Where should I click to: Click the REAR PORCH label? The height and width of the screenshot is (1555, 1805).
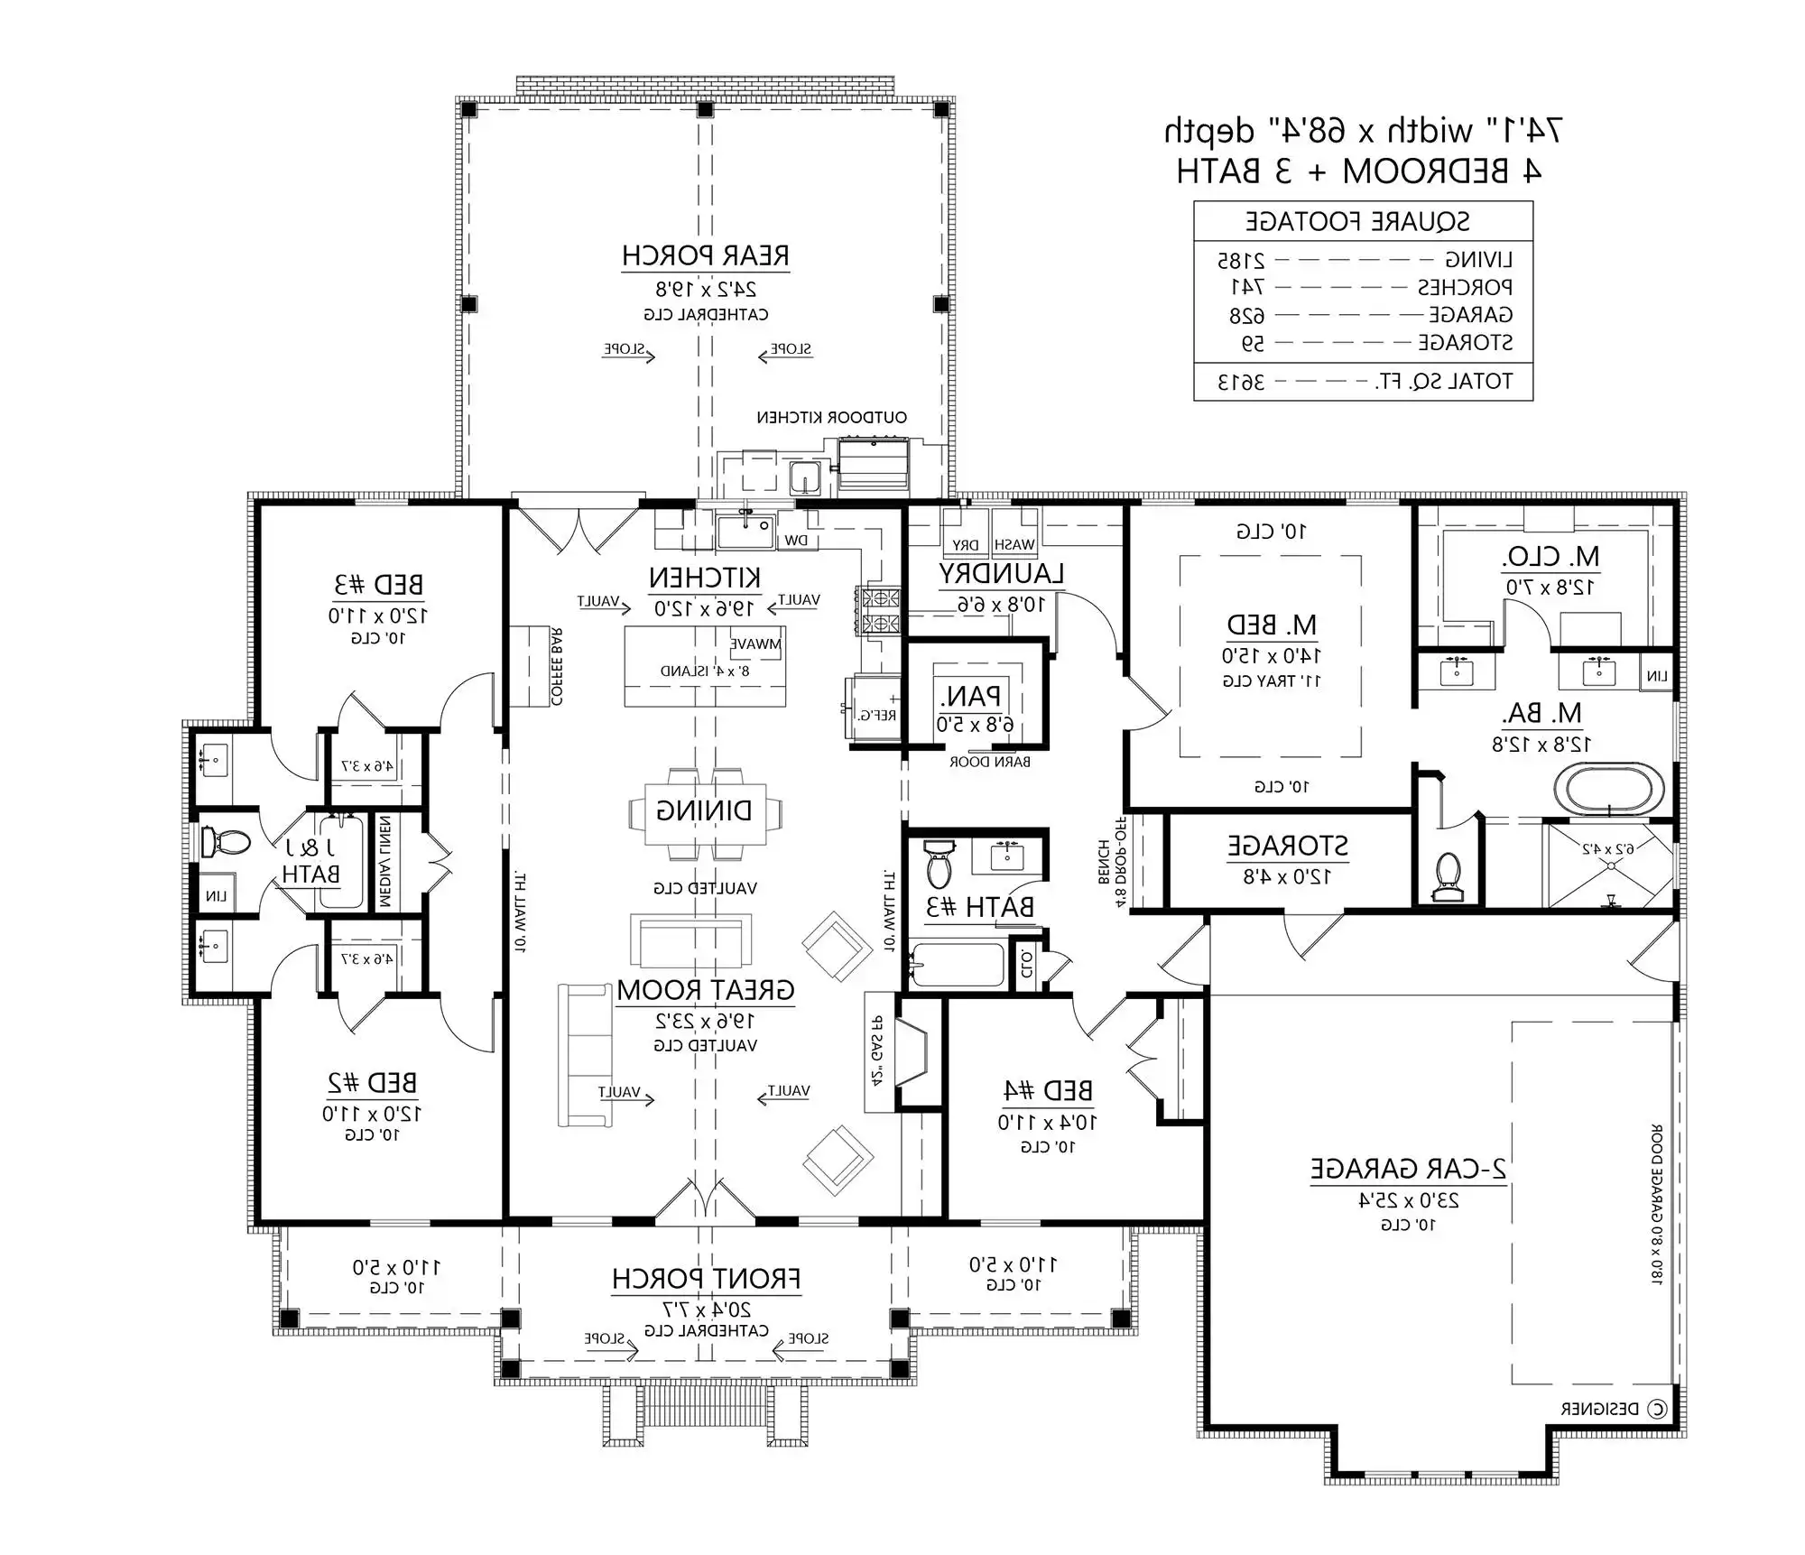(705, 256)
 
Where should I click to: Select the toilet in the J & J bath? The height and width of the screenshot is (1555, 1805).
(224, 842)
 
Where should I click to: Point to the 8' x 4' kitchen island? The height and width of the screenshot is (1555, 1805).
(705, 668)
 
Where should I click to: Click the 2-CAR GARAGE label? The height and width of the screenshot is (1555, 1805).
(1408, 1169)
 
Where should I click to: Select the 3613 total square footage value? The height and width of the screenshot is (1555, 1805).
(1241, 382)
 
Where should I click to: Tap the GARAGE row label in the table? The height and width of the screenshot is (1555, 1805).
(1470, 315)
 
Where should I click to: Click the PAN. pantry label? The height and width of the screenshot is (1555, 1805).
(969, 697)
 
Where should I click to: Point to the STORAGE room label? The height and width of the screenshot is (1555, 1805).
(1287, 847)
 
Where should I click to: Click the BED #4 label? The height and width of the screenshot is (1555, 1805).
(1048, 1091)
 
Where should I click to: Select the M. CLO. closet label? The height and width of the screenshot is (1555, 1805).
(1550, 557)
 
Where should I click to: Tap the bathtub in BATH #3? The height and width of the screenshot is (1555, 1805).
(957, 966)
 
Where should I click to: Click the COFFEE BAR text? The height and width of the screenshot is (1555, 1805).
(557, 667)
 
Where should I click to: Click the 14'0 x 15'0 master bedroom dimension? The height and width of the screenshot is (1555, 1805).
(1271, 655)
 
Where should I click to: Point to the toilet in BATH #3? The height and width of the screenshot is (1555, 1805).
(939, 865)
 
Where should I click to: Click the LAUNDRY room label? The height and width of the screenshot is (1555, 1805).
(1000, 574)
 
